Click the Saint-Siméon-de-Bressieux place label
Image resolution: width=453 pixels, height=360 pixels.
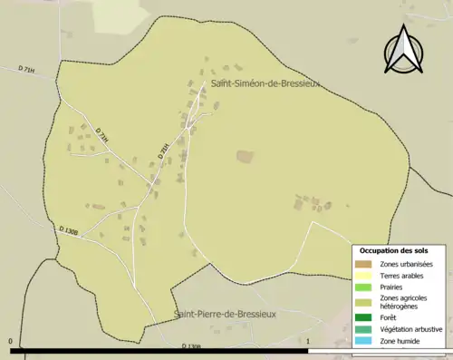[266, 83]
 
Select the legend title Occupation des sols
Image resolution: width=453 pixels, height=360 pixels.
[394, 250]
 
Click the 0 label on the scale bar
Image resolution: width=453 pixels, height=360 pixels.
[11, 342]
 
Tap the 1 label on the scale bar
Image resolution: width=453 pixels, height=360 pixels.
[309, 342]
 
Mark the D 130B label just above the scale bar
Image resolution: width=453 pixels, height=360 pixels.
[191, 345]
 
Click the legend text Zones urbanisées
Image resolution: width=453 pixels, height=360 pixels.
[407, 264]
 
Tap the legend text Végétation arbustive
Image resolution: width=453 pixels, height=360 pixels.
[413, 329]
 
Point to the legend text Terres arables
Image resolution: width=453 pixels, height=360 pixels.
[402, 276]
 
